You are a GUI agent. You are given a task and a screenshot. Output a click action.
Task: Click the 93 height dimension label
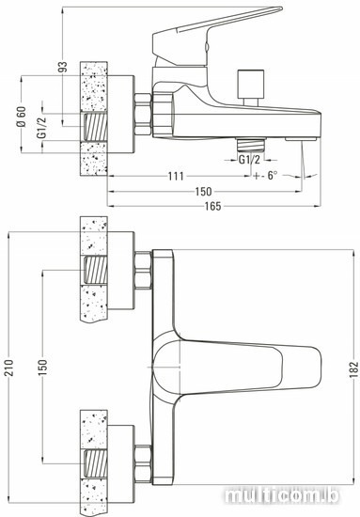click(x=62, y=67)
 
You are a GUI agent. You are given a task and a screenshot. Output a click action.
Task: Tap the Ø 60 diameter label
click(x=21, y=117)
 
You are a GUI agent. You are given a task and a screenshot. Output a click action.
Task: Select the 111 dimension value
click(x=176, y=176)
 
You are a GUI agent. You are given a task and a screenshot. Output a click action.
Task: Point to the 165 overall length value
click(x=213, y=206)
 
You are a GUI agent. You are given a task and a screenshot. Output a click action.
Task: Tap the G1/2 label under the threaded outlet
click(x=249, y=160)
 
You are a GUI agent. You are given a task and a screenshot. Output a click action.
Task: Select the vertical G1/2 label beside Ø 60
click(x=42, y=127)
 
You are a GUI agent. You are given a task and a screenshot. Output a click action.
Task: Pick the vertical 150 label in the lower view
click(x=43, y=367)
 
